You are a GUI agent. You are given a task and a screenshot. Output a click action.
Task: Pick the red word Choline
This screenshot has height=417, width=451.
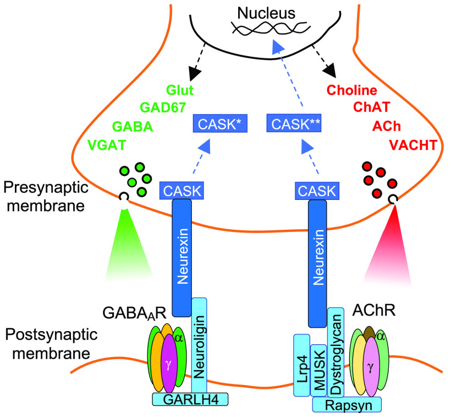(x=352, y=90)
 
